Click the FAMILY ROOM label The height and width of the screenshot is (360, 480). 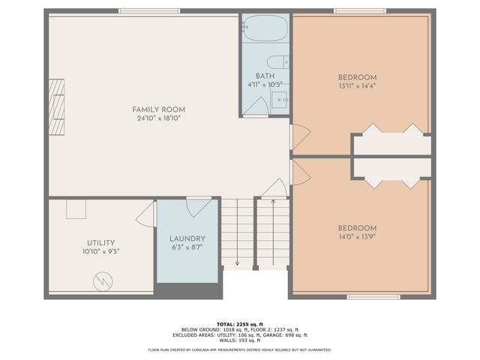click(x=158, y=109)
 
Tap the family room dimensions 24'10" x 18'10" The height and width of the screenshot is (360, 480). click(x=158, y=118)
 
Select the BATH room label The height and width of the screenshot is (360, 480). click(x=264, y=76)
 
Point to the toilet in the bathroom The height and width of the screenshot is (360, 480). click(x=275, y=61)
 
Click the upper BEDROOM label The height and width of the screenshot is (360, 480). click(x=357, y=77)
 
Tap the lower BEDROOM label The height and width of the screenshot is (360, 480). click(x=357, y=228)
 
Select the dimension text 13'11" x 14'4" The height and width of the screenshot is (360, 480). click(x=357, y=86)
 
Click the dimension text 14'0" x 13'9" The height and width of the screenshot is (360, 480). click(x=357, y=237)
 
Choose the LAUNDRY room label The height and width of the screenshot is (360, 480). click(x=187, y=238)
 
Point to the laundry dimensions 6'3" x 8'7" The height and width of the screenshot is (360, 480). click(x=187, y=247)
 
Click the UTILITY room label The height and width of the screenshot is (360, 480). click(x=100, y=243)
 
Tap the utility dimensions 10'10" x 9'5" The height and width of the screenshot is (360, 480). click(x=100, y=252)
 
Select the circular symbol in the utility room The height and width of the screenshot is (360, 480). click(x=101, y=281)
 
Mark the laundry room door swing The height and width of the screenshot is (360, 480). click(x=199, y=206)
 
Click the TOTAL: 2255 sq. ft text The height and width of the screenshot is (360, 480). click(x=239, y=324)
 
